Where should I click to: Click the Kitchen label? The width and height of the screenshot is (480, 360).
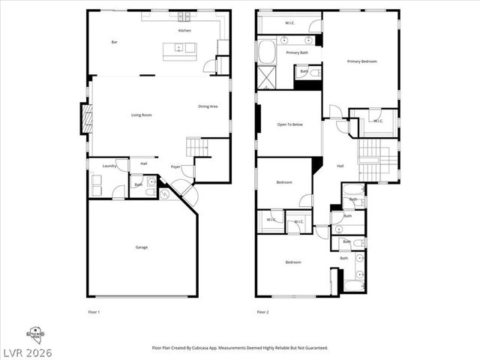[x=184, y=31]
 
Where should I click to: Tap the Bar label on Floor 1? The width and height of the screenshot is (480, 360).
[x=114, y=42]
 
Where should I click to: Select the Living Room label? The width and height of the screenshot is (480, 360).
[x=141, y=115]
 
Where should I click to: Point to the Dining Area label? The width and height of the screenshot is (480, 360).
[x=208, y=106]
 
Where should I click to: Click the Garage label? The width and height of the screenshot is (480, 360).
[x=141, y=247]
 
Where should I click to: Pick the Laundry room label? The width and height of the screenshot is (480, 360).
[x=109, y=166]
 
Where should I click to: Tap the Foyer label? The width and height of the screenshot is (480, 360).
[x=175, y=166]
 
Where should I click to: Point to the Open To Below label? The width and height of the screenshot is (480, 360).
[x=289, y=124]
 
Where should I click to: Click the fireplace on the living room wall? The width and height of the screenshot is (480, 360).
[x=87, y=119]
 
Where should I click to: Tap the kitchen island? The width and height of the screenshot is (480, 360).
[x=180, y=50]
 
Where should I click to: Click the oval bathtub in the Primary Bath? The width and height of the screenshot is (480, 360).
[x=266, y=51]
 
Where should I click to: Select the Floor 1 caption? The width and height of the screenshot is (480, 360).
[x=94, y=311]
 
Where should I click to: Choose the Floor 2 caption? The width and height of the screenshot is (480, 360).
[x=262, y=311]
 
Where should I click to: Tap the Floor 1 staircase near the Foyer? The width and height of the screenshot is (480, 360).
[x=196, y=147]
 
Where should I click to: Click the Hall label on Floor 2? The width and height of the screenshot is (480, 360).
[x=340, y=166]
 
